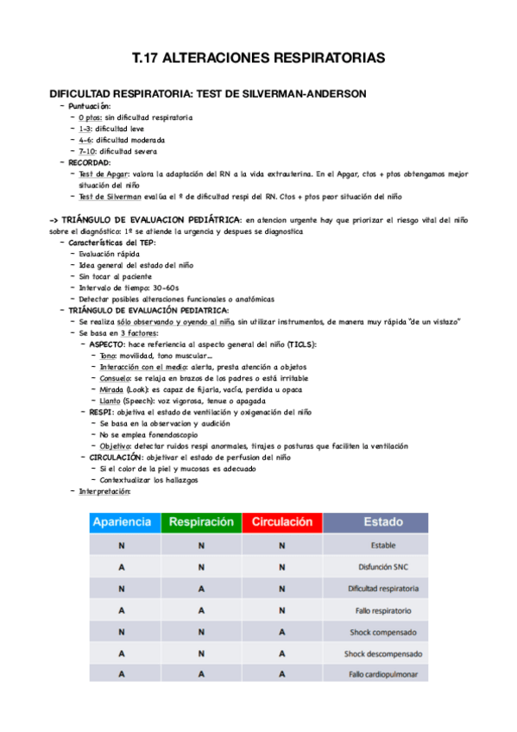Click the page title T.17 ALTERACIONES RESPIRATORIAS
tap(258, 59)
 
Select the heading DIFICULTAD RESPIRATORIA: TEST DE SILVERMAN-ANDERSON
tap(208, 93)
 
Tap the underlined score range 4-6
tap(85, 139)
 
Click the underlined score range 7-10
tap(87, 150)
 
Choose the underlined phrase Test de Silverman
tap(110, 196)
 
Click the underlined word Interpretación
tap(104, 490)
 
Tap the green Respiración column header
tap(201, 522)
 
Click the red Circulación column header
tap(281, 522)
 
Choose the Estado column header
tap(382, 522)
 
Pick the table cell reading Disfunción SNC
tap(383, 567)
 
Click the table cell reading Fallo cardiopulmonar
tap(383, 674)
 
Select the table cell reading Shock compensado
tap(383, 632)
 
